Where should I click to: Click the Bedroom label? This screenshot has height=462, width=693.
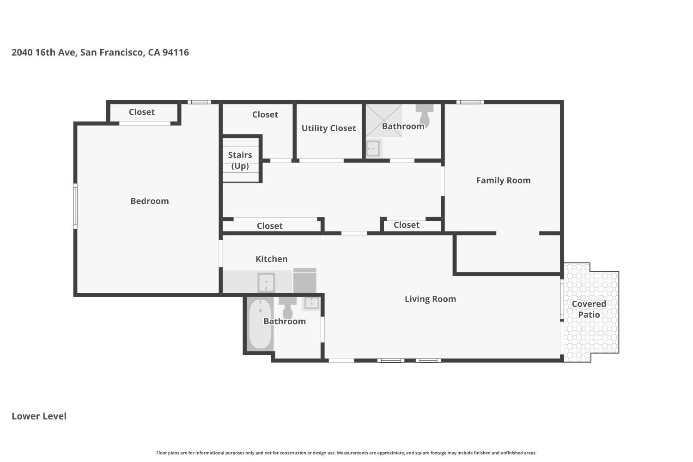point(149,201)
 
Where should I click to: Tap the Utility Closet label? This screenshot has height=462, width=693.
point(328,128)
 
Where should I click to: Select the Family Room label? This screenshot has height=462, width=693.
point(504,180)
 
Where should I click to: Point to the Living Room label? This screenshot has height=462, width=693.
point(430,299)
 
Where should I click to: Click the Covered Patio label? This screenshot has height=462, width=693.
point(589,309)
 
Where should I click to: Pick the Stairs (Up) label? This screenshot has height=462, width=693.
point(240,160)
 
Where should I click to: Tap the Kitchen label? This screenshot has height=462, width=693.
point(271,259)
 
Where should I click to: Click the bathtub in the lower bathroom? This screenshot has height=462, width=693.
point(260,324)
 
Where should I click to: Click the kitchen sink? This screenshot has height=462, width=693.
point(267,282)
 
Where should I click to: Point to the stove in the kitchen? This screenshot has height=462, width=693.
point(305,280)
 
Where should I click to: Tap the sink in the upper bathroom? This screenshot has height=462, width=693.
point(373,148)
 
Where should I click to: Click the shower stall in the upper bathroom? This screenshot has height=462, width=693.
point(384,121)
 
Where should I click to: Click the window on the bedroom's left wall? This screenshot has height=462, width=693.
point(75,206)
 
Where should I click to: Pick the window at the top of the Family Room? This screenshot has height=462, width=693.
point(470,102)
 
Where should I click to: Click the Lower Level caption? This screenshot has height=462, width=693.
point(39,416)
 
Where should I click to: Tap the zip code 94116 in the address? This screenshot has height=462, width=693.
point(176,52)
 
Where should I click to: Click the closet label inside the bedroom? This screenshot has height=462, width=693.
point(142,112)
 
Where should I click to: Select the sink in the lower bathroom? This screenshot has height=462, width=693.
point(311,303)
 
